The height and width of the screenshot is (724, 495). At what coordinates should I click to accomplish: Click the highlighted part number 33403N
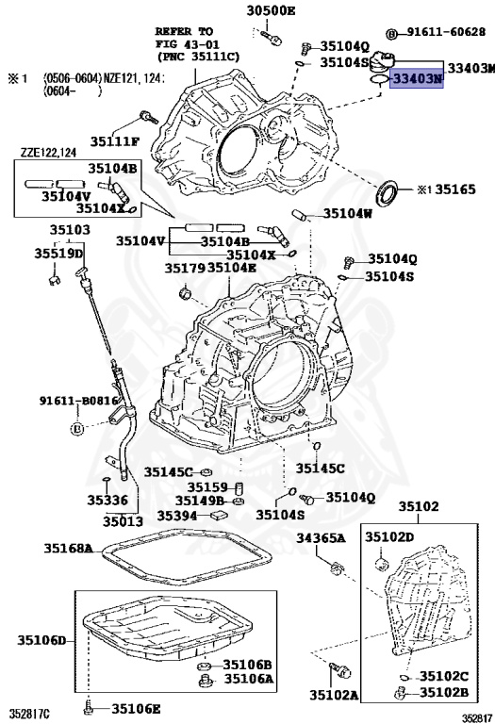(x=417, y=78)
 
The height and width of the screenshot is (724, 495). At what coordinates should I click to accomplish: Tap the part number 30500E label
(x=271, y=10)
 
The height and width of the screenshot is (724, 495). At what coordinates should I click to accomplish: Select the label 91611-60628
(x=446, y=32)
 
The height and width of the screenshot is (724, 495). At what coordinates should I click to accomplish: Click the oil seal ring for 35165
(x=388, y=193)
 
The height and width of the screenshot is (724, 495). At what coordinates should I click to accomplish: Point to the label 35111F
(x=114, y=141)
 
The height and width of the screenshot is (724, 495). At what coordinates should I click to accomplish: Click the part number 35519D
(x=58, y=253)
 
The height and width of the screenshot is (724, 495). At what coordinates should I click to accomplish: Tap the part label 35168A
(x=68, y=549)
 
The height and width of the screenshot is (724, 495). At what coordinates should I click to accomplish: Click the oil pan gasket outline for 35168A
(x=187, y=535)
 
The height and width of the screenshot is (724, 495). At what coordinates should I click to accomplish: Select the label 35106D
(x=42, y=640)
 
